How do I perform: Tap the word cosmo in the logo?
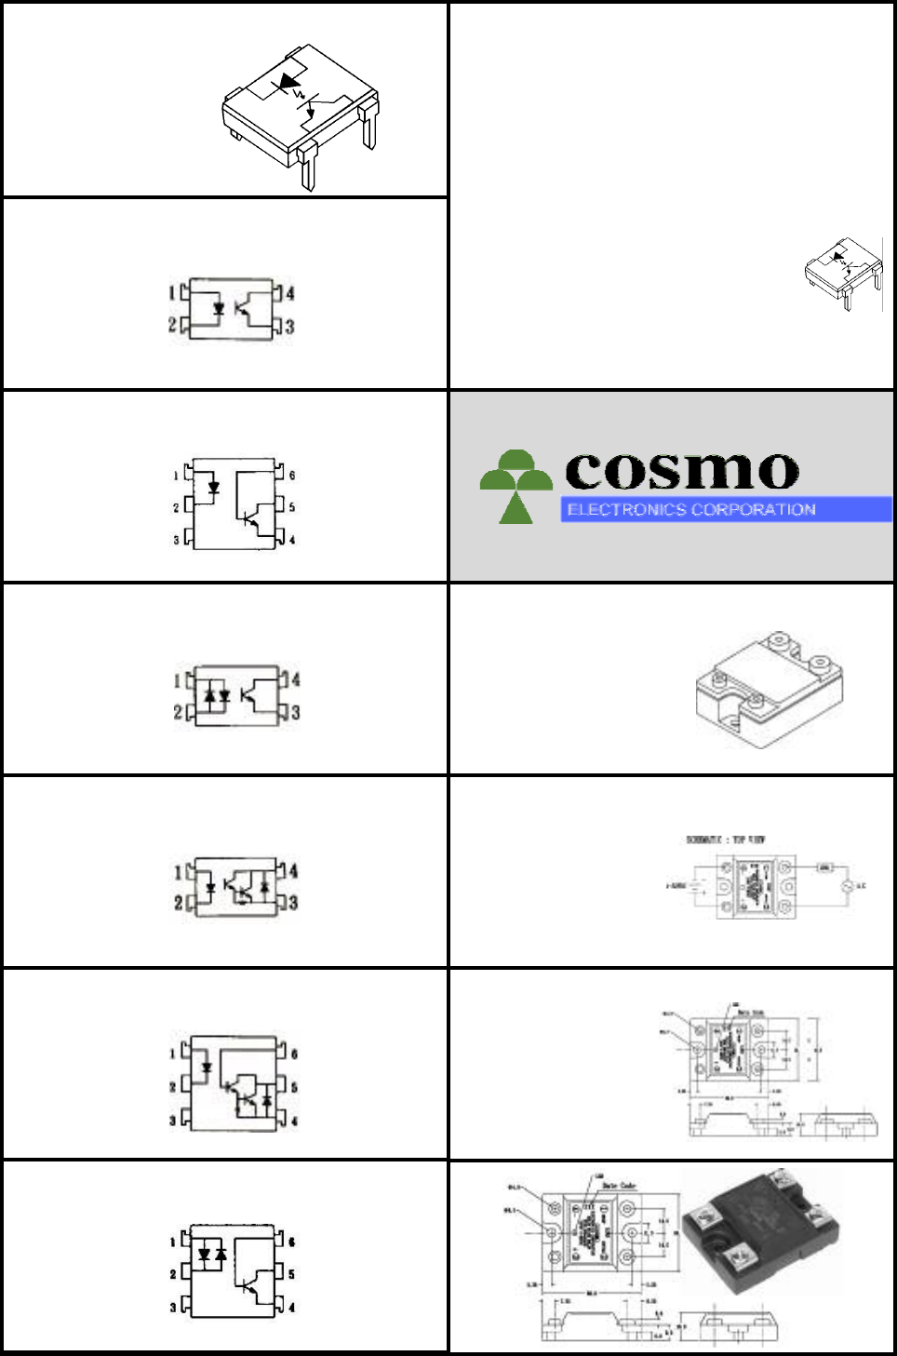click(x=682, y=471)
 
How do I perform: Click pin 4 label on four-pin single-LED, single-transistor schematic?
click(x=290, y=294)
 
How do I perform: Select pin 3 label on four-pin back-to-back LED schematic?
click(x=295, y=713)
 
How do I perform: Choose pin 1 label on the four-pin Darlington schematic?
click(x=178, y=872)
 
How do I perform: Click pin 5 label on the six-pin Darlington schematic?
click(x=294, y=1087)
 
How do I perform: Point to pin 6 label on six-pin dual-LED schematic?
click(x=291, y=1242)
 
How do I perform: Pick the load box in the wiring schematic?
click(x=824, y=867)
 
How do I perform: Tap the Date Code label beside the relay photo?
click(x=620, y=1186)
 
